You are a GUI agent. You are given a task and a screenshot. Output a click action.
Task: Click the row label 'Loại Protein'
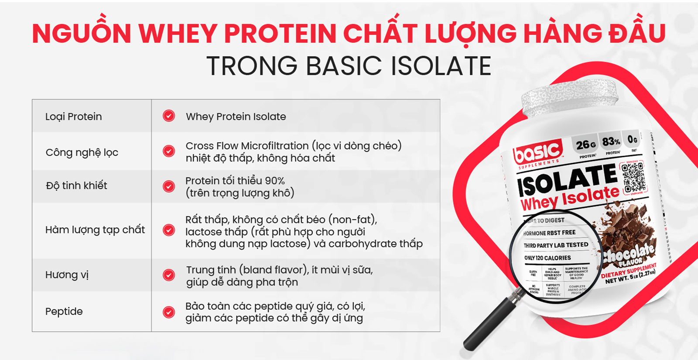coord(73,117)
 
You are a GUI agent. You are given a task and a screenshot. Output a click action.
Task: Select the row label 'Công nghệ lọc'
coord(82,152)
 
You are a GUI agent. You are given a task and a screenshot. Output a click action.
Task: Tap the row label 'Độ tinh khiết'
coord(76,185)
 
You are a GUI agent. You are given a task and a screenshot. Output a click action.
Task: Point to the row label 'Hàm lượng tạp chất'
coord(95,230)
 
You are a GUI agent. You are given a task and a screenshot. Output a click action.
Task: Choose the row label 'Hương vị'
coord(67,275)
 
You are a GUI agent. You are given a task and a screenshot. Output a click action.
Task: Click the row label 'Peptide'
coord(64,311)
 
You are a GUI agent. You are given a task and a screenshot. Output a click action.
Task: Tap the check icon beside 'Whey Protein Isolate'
coord(169,116)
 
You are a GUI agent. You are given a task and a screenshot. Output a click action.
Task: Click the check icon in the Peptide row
coord(169,312)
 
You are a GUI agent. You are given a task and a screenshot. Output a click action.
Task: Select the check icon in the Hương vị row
coord(169,275)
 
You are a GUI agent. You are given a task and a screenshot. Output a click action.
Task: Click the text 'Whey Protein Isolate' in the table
coord(236,117)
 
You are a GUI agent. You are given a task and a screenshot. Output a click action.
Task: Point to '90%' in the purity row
coord(274,181)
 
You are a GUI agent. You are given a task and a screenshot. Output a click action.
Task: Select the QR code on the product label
coord(633,177)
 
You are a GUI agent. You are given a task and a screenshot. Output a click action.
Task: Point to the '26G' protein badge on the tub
coord(586,145)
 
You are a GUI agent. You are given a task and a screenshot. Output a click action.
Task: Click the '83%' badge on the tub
coord(611,142)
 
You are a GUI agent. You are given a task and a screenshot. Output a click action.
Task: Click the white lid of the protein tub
coord(569,98)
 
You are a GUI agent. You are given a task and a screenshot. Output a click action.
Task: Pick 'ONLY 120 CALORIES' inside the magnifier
coord(547,258)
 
